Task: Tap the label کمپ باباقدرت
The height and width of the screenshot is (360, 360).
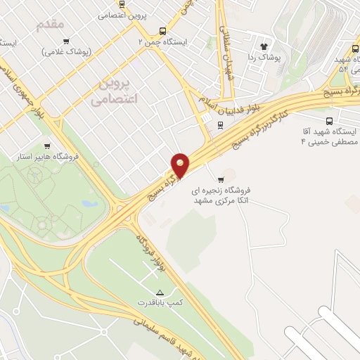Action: coord(160,302)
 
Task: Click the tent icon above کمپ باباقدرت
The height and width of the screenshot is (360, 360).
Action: coord(160,291)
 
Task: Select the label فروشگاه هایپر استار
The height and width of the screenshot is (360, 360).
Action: coord(47,156)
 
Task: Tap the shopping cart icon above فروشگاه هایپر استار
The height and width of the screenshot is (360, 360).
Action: coord(47,146)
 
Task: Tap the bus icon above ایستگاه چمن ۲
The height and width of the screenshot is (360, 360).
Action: coord(163,31)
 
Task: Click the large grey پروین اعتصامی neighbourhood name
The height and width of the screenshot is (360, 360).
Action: coord(115,92)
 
